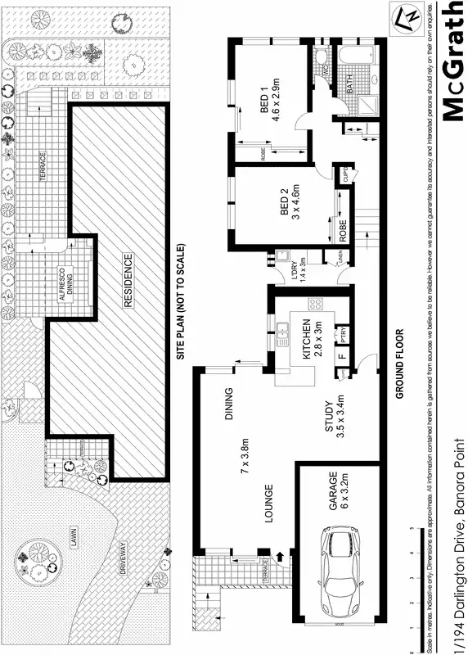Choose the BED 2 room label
[285, 203]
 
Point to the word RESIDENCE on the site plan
[128, 280]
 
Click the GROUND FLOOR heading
[401, 364]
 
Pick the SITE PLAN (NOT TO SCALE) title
[182, 302]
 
